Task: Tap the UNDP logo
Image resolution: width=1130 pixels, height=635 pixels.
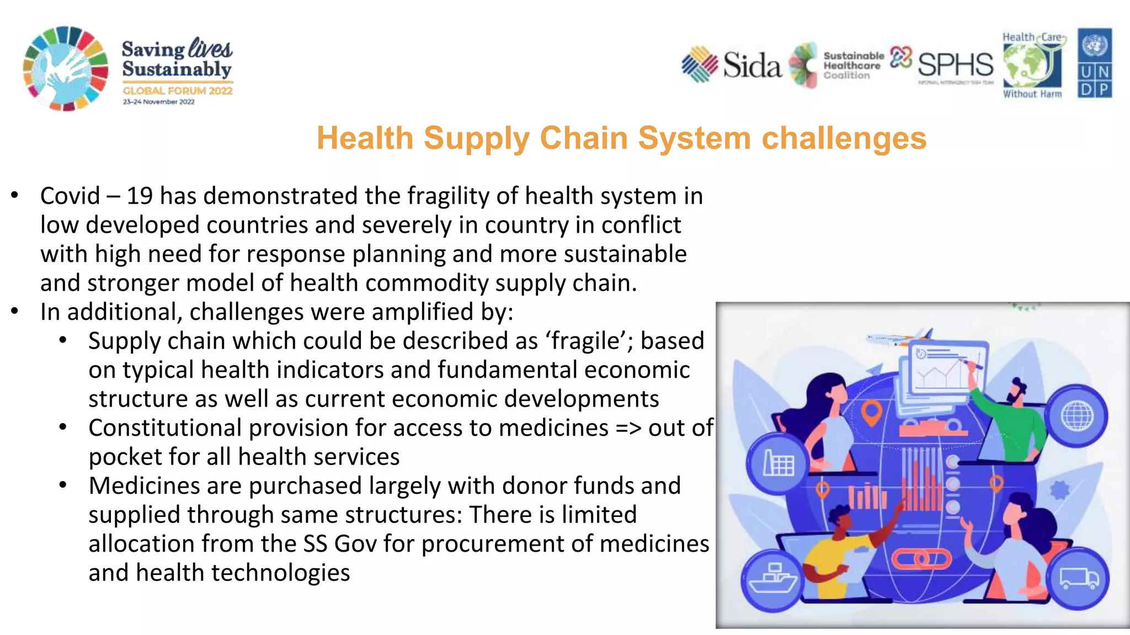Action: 1095,63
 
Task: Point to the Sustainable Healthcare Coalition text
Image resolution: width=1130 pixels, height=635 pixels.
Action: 852,66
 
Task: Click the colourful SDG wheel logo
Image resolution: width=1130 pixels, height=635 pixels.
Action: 65,68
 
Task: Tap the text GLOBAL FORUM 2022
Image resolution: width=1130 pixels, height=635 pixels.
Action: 178,91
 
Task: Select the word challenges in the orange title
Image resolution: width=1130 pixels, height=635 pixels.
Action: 844,138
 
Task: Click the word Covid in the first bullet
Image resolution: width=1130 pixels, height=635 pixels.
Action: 70,196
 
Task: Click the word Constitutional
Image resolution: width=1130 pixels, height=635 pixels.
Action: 165,428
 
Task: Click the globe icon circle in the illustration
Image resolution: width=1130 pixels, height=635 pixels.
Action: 1076,415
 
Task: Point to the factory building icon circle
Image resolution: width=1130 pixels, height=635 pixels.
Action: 778,462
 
